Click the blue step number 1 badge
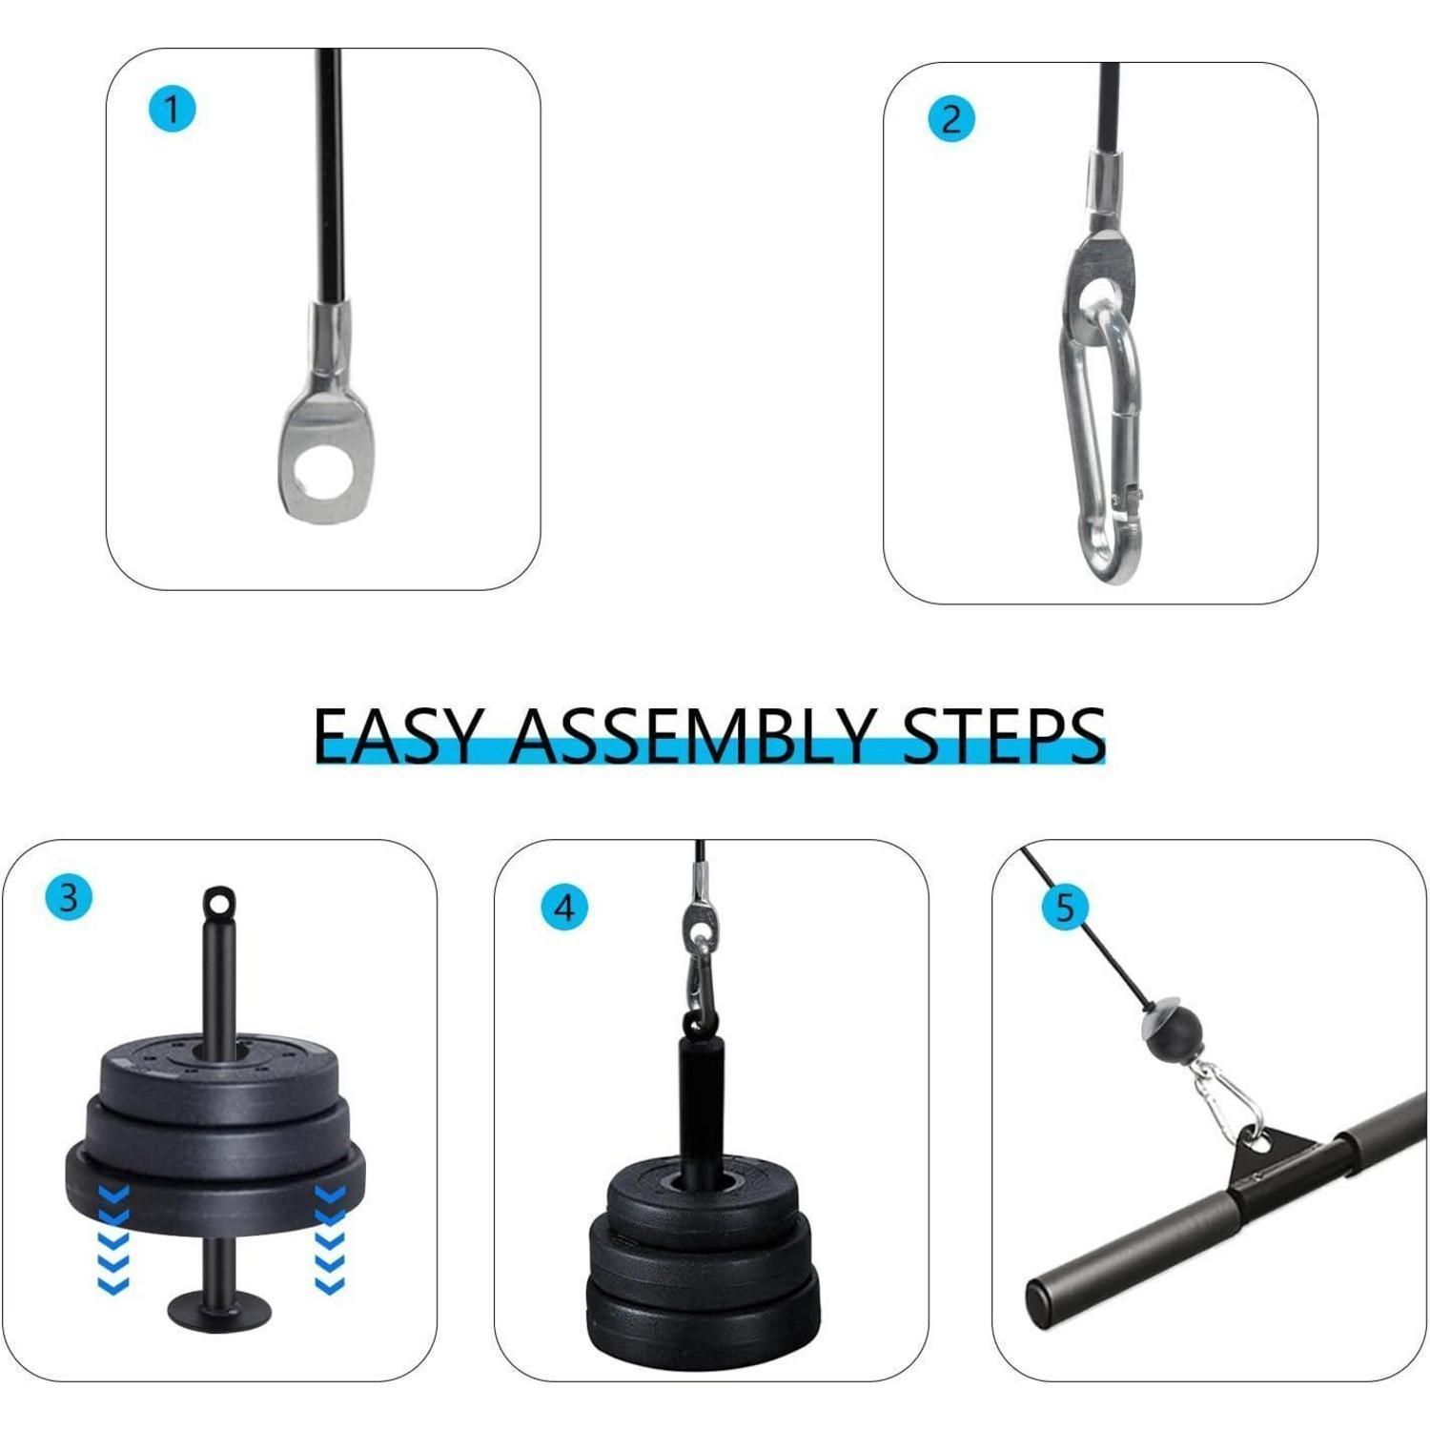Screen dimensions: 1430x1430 tap(173, 110)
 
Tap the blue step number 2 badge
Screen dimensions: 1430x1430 tap(951, 119)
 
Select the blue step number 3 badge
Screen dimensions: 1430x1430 tap(69, 898)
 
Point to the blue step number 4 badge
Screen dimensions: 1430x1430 tap(564, 908)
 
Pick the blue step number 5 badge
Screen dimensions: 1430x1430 tap(1065, 907)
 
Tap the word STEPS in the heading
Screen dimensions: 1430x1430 tap(1004, 736)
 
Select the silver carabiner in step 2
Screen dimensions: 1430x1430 tap(1099, 443)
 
